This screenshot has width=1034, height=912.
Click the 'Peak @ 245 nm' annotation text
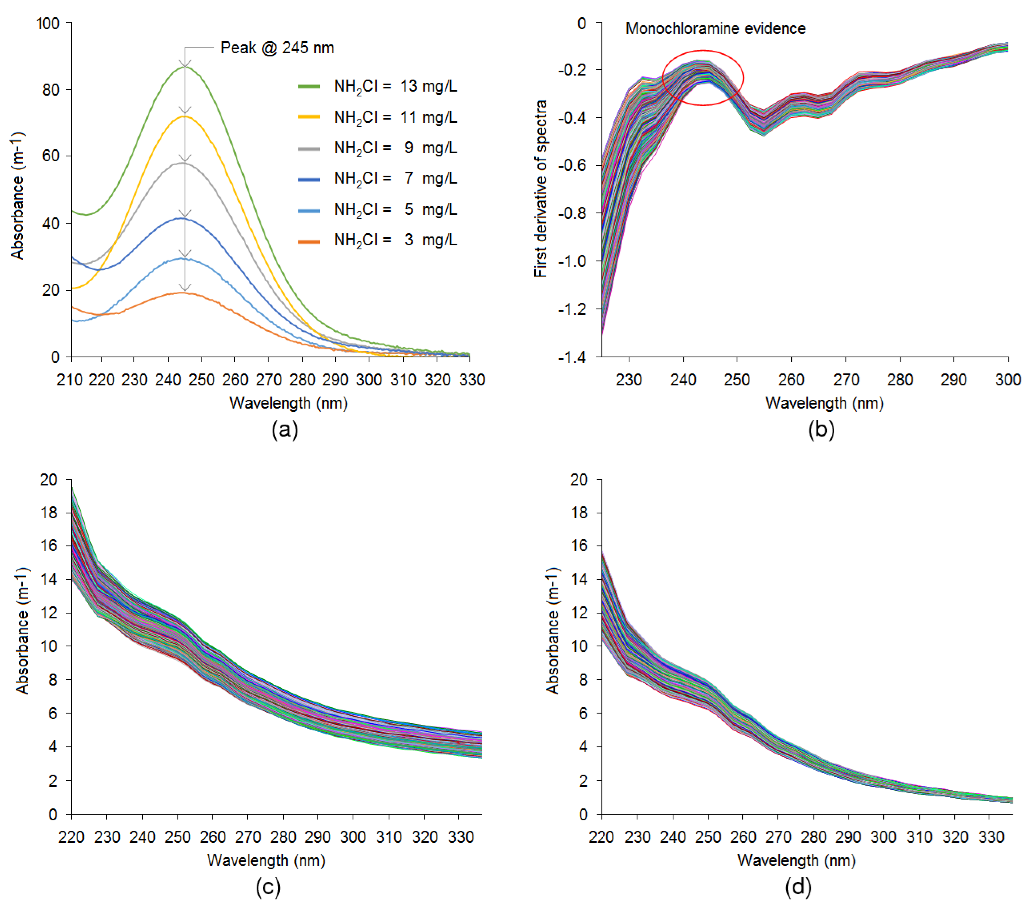[277, 48]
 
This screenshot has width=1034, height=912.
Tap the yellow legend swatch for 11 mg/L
[309, 117]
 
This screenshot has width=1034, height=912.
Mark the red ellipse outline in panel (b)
[743, 77]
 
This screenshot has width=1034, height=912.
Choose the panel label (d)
[798, 886]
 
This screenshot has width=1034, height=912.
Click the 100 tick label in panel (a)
[48, 23]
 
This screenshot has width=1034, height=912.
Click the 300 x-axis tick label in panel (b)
[1007, 379]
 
